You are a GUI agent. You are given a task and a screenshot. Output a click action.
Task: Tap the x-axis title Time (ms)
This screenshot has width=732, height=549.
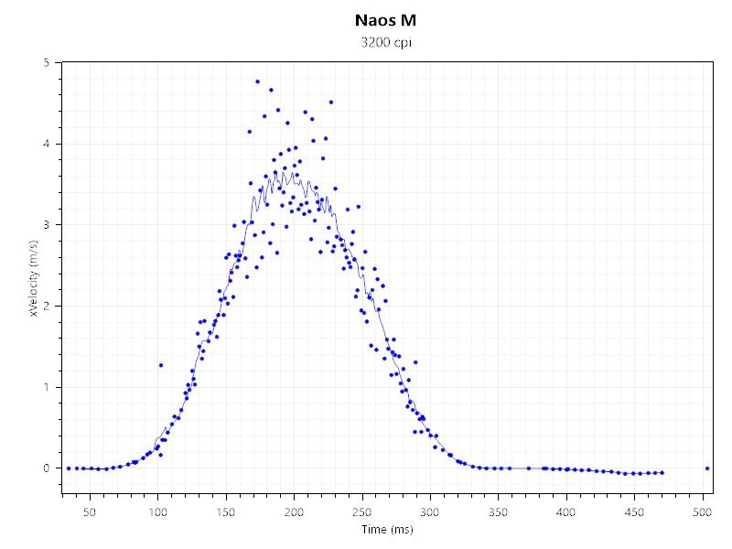coord(386,529)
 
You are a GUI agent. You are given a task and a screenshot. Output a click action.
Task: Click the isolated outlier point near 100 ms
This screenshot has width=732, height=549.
coord(161,365)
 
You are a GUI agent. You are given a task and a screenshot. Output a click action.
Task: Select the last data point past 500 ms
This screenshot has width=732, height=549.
coord(707,468)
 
